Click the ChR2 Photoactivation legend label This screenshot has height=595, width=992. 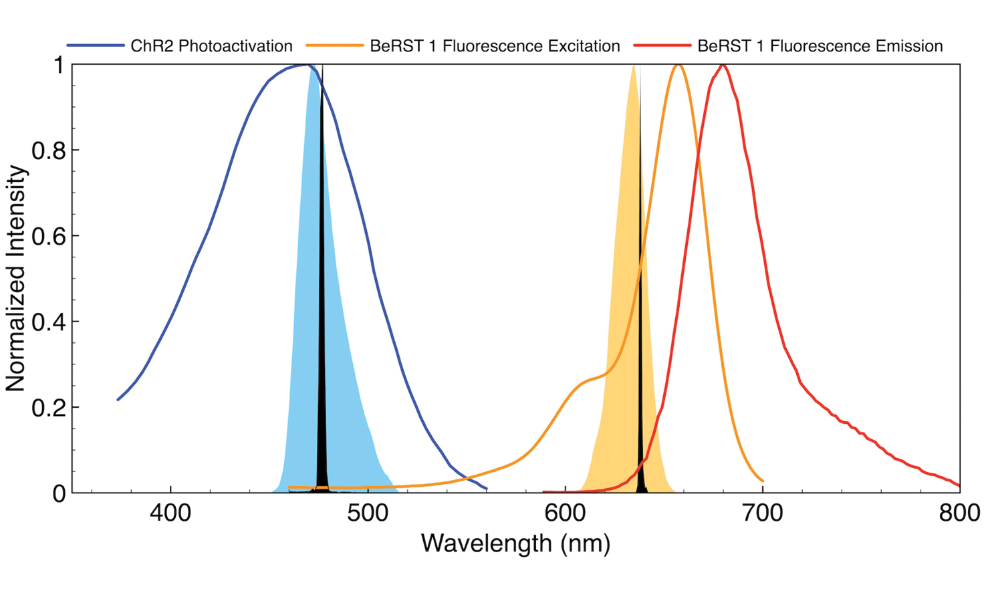point(211,46)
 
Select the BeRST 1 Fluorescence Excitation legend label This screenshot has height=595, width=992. point(495,46)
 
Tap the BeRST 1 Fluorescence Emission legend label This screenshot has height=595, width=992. point(820,46)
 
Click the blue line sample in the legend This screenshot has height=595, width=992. point(96,46)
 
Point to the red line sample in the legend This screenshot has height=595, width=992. point(662,46)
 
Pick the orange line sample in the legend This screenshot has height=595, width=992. point(335,46)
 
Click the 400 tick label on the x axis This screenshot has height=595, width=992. point(170,513)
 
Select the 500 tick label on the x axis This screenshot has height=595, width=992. point(368,513)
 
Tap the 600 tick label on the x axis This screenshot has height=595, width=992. point(566,513)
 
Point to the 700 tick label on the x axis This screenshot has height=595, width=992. point(763,513)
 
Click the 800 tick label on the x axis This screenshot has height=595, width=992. point(959,513)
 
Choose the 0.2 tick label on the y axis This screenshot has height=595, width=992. point(49,407)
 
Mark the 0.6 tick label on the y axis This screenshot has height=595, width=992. point(49,236)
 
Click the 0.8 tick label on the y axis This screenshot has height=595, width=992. point(49,150)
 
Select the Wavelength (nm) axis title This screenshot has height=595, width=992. point(515,543)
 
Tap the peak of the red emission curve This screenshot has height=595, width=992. point(723,65)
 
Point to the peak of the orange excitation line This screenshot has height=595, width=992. point(678,65)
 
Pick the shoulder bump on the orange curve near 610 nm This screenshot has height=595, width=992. point(588,380)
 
